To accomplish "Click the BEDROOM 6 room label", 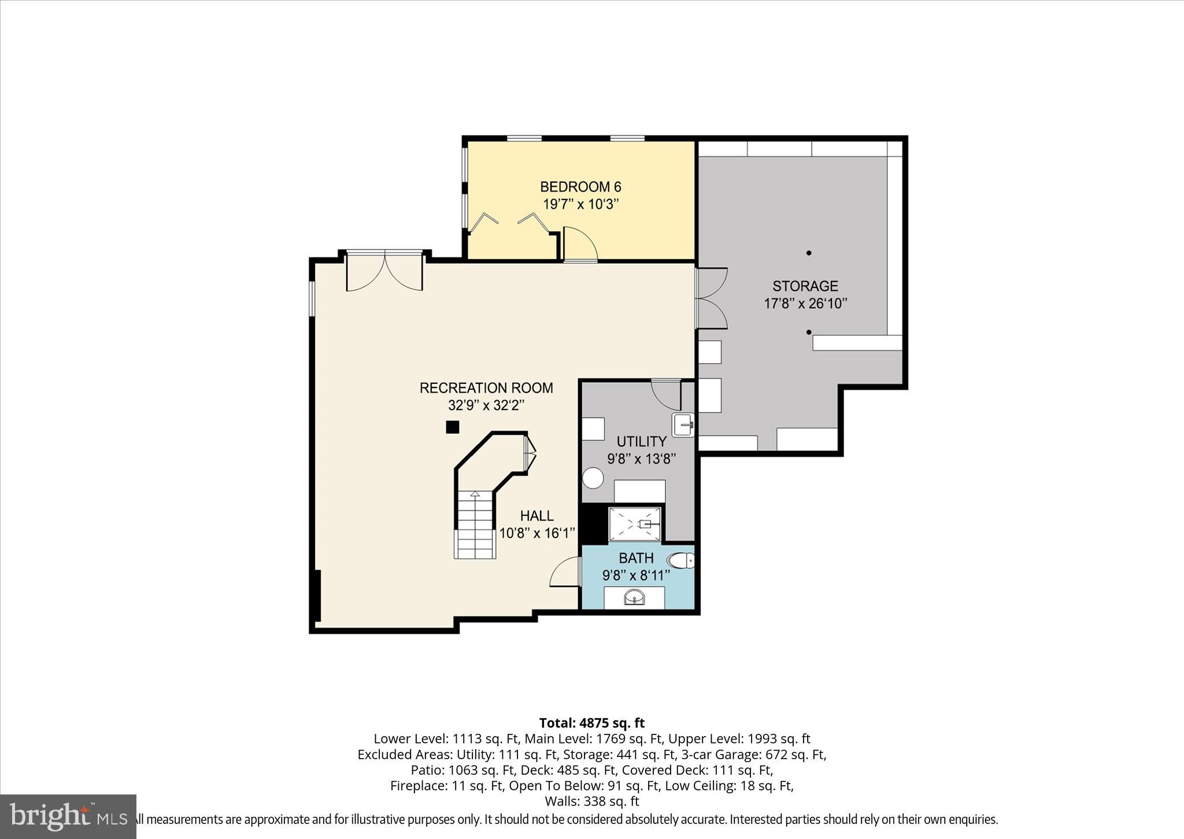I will click(x=580, y=187).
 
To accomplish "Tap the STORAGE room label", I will click(x=805, y=286).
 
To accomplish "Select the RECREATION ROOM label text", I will click(x=486, y=388).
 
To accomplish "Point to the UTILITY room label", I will click(x=641, y=442).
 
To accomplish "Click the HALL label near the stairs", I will click(x=536, y=516).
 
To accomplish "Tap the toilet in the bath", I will click(x=681, y=560).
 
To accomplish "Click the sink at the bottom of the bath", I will click(x=634, y=597).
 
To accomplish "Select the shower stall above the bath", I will click(x=634, y=524).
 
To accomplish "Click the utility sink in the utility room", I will click(x=683, y=424).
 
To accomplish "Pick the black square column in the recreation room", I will click(x=452, y=427).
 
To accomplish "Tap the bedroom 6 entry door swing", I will click(x=580, y=243).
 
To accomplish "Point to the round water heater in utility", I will click(x=593, y=478).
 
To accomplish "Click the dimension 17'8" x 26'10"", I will click(x=805, y=304).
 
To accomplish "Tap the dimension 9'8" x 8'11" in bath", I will click(x=636, y=575).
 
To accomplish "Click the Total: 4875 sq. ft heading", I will click(x=591, y=723).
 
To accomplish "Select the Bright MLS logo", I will click(x=68, y=816).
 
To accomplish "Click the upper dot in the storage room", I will click(x=809, y=253).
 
